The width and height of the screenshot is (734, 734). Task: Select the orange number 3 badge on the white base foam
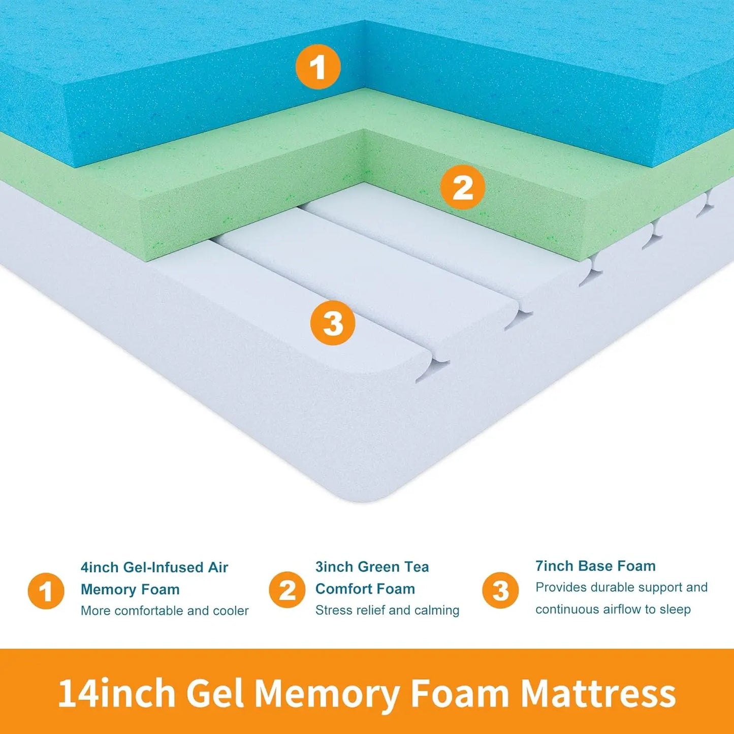pos(333,323)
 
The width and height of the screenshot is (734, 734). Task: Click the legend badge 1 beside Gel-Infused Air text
pos(46,591)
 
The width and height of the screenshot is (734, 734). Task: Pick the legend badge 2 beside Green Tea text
pos(287,590)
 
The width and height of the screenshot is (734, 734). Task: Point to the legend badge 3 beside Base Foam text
pos(500,590)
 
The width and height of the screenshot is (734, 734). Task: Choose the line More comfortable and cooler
pos(165,611)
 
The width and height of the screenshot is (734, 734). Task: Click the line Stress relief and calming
pos(387,610)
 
